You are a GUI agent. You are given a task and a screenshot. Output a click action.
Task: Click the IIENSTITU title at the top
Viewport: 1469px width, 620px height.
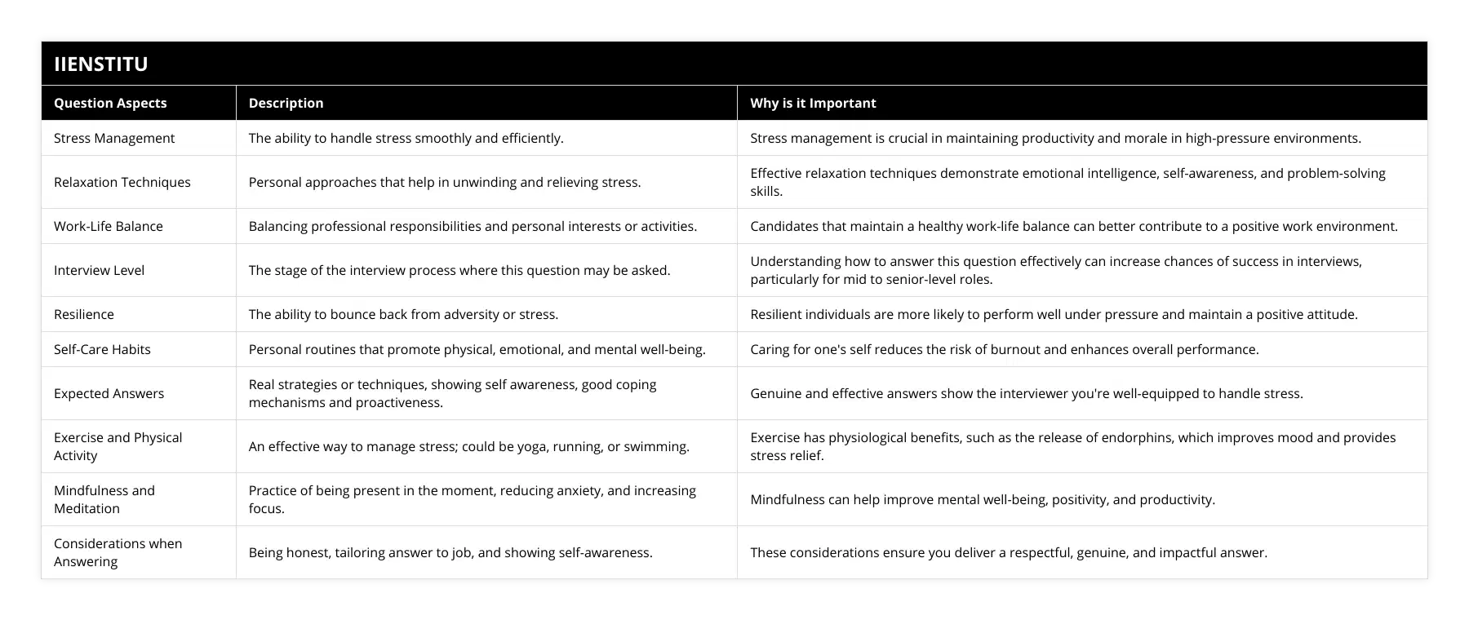(100, 64)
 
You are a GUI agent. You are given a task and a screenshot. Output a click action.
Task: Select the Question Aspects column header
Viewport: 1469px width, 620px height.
(110, 103)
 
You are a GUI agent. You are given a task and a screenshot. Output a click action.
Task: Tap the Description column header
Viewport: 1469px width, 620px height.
(286, 103)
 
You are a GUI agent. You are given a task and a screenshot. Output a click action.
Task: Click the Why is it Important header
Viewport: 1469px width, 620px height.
(813, 103)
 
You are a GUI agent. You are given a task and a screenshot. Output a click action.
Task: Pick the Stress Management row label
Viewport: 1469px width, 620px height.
(114, 138)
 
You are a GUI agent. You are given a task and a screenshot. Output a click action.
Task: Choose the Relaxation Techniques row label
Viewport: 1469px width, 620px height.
(122, 182)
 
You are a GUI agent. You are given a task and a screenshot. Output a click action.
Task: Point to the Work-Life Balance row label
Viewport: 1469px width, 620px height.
(109, 226)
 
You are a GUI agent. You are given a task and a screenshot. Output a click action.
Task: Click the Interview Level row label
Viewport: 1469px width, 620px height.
(99, 270)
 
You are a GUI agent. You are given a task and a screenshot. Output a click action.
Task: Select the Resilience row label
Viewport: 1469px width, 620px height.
(84, 314)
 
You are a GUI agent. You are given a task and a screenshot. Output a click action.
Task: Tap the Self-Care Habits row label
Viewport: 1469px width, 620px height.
(102, 349)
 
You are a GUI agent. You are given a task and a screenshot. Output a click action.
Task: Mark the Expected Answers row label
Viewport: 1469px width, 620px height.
(109, 393)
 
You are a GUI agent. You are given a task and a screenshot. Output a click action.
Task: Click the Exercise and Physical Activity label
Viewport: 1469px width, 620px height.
(118, 446)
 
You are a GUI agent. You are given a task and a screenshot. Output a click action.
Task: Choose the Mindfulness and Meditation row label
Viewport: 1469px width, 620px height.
(104, 499)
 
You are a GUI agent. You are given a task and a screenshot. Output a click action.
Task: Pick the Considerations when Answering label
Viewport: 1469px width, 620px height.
(118, 552)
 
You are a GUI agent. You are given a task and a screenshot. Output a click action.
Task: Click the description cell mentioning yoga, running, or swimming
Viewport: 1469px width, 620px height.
(468, 446)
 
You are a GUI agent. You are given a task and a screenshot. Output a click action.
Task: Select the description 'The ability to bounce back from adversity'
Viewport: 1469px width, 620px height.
(403, 314)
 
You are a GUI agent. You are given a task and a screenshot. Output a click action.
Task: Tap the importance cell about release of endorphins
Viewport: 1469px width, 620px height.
(1072, 446)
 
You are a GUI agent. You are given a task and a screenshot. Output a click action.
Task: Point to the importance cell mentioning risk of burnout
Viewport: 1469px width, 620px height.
(1004, 349)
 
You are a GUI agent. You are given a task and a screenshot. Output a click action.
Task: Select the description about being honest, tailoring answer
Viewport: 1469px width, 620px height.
(450, 552)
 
